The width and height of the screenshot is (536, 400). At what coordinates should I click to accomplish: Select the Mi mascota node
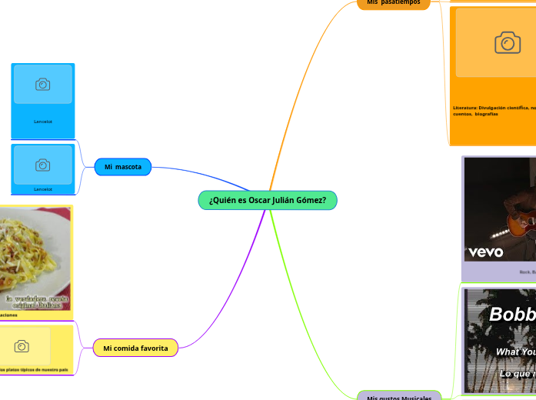[x=122, y=166]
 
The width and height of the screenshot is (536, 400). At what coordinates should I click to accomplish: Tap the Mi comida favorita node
[x=135, y=348]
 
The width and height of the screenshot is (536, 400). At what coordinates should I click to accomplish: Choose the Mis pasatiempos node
[x=394, y=3]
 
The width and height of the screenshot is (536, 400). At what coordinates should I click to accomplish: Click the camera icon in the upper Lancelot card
[x=43, y=85]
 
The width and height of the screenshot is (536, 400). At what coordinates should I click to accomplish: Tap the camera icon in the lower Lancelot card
[x=43, y=165]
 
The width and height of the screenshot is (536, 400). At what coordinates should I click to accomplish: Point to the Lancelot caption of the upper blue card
[x=43, y=122]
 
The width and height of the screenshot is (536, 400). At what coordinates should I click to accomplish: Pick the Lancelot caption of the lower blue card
[x=43, y=188]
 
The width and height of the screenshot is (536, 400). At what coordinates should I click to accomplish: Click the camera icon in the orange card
[x=506, y=43]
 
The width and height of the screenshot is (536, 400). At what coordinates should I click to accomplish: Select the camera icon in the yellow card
[x=22, y=347]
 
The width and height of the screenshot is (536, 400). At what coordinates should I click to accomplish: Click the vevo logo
[x=486, y=252]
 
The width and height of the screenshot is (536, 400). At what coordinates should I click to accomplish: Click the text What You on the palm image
[x=515, y=352]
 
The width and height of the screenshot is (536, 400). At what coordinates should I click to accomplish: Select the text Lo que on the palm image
[x=518, y=374]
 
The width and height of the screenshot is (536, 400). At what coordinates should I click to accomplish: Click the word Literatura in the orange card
[x=465, y=108]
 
